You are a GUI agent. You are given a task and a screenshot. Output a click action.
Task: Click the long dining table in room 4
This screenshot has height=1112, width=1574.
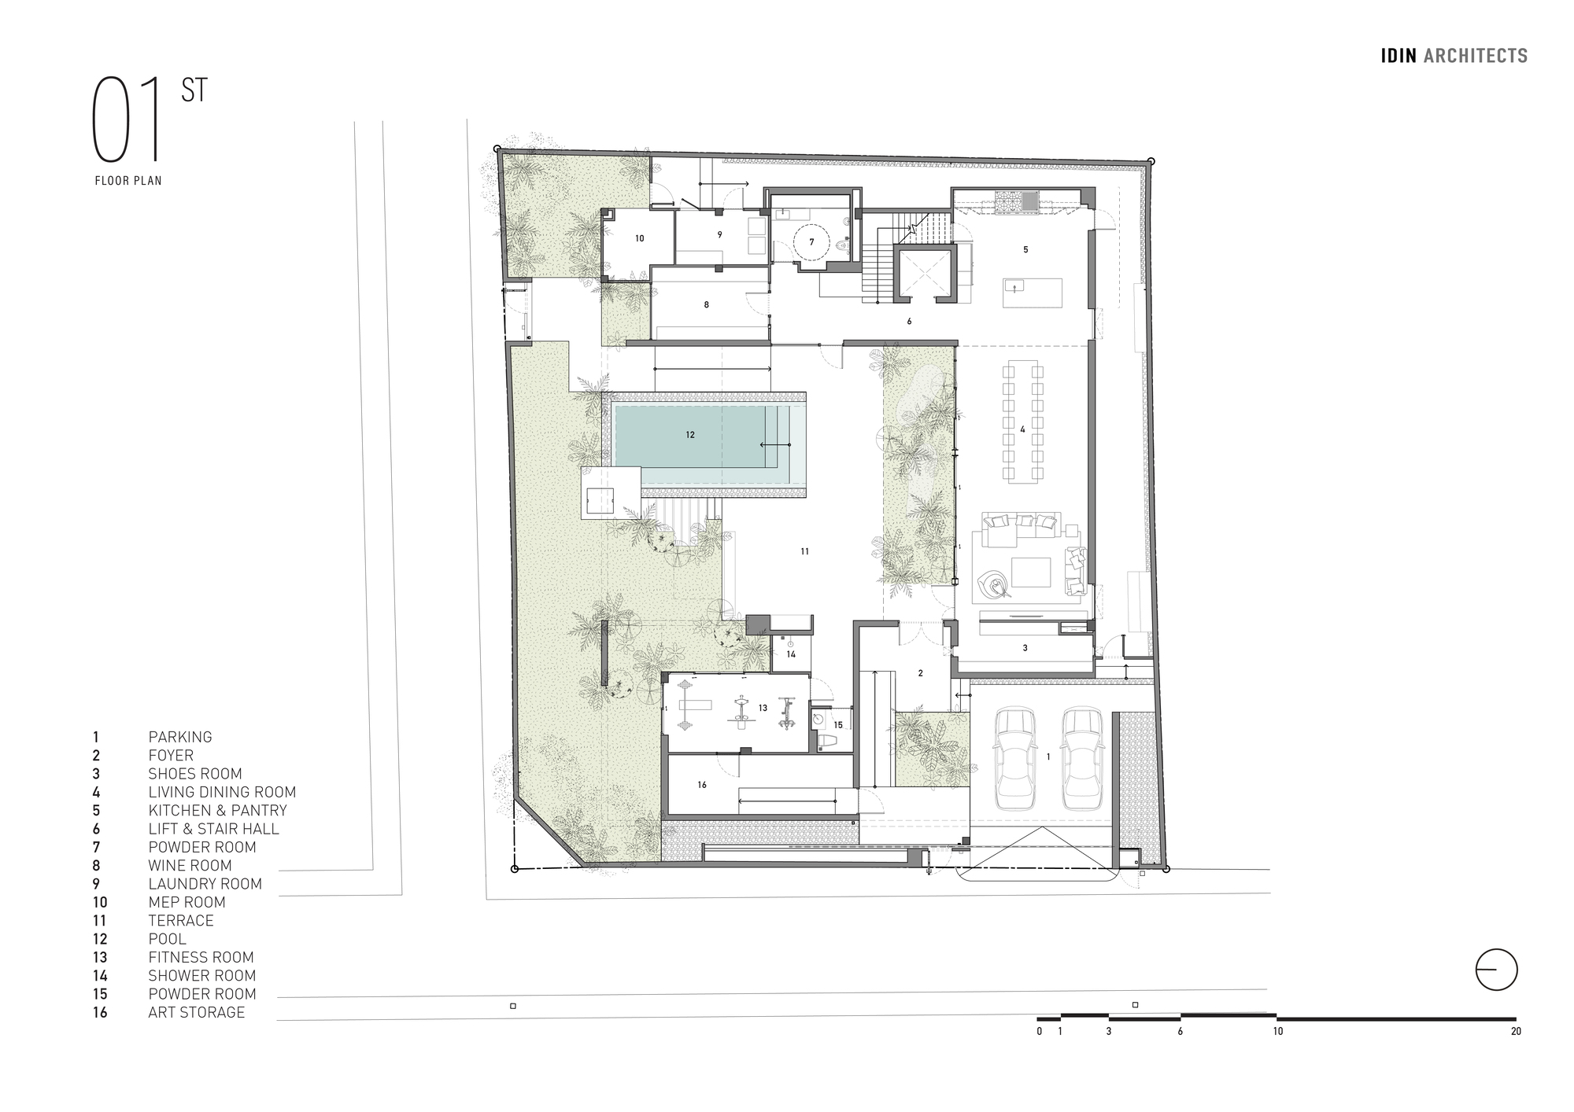(1022, 422)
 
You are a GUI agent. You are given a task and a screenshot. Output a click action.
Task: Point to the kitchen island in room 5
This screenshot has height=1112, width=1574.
(1032, 293)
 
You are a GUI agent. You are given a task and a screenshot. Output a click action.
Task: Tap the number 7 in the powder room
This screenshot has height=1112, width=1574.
(812, 242)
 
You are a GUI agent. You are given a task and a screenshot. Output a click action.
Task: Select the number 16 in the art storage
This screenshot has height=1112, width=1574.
(702, 784)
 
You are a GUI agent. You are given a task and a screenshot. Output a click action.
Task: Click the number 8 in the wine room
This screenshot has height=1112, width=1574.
(706, 304)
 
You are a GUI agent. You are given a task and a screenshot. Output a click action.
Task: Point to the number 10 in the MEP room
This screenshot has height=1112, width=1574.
(639, 238)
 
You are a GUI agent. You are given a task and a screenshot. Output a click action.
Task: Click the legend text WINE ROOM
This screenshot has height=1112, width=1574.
(190, 865)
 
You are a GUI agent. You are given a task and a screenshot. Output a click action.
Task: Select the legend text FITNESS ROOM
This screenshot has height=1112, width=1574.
(201, 957)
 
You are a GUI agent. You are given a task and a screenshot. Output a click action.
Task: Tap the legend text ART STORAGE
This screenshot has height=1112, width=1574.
(196, 1012)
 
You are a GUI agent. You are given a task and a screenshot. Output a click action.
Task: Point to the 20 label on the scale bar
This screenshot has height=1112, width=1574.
(1516, 1031)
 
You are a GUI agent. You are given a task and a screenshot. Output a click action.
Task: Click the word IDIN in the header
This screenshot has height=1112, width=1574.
(1398, 56)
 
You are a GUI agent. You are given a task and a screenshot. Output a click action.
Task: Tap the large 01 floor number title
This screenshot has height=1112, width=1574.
(128, 120)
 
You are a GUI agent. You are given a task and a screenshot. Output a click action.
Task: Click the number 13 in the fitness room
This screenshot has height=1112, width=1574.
(763, 708)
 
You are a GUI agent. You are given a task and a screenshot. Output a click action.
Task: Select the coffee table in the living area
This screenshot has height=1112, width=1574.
(1030, 572)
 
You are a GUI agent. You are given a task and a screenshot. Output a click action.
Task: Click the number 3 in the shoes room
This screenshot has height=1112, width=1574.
(1025, 648)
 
